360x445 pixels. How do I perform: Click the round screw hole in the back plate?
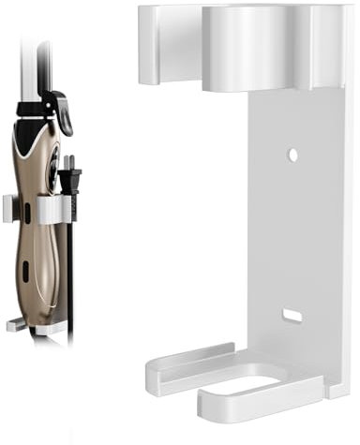[292, 152]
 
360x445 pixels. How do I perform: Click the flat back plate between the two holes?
[292, 234]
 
